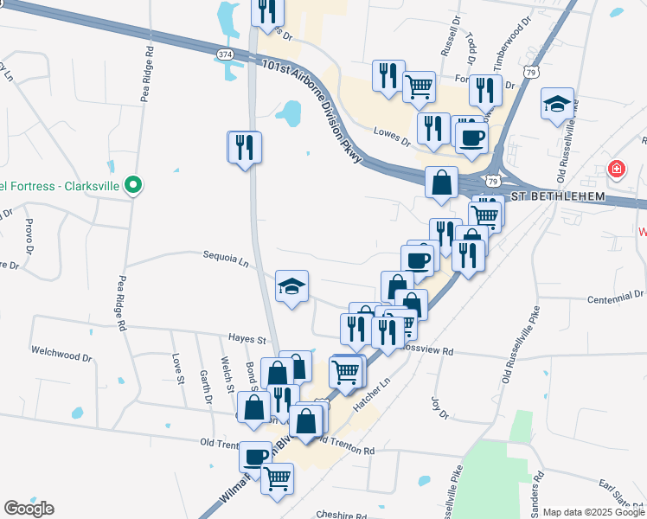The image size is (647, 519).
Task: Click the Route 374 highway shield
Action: [225, 54]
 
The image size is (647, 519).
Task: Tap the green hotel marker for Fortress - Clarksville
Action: [132, 185]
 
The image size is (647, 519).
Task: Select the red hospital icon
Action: [616, 169]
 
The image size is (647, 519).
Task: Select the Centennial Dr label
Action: [615, 295]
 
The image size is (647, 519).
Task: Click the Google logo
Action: [29, 508]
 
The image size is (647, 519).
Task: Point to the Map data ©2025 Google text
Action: [593, 512]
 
